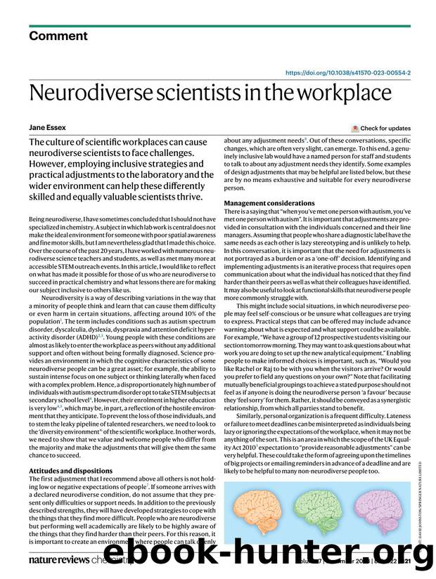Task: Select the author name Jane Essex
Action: tap(46, 128)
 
